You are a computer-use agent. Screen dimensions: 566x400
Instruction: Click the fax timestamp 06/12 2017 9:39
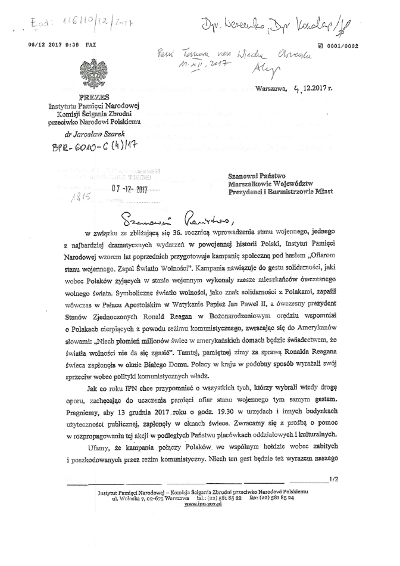[54, 45]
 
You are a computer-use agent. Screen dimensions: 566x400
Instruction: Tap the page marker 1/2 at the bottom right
[333, 478]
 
